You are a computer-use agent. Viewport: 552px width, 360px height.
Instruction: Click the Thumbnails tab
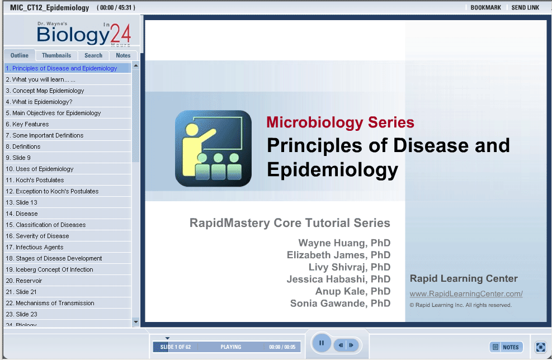pos(56,55)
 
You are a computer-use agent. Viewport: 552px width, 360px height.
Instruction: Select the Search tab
pos(93,55)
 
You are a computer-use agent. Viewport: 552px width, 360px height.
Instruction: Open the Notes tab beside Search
pos(123,55)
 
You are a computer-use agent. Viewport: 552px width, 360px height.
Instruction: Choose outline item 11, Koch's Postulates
pos(35,180)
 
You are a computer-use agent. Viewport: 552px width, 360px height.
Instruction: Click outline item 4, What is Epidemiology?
pos(39,102)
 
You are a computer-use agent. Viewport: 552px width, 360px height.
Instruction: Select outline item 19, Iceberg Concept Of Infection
pos(50,269)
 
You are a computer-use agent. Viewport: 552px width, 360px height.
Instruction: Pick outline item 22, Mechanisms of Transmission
pos(50,303)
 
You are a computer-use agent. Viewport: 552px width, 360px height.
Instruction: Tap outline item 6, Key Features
pos(27,124)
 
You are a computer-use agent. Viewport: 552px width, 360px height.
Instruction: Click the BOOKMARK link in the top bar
pos(485,7)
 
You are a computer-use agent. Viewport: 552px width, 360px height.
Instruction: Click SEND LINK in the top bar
pos(525,7)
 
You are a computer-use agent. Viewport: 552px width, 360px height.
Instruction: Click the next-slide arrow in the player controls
pos(351,345)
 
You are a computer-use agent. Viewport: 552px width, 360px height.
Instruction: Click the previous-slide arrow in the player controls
pos(341,345)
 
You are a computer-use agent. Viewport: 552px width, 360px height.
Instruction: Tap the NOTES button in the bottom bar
pos(506,347)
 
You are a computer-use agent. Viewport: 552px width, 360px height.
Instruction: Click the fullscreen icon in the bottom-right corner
pos(540,347)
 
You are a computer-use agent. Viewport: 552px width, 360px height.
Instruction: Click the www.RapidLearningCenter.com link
pos(466,293)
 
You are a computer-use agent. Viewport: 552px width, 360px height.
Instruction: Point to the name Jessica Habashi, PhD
pos(338,279)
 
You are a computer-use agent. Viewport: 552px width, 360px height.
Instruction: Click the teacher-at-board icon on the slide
pos(213,148)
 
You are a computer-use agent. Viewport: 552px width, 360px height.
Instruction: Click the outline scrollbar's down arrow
pos(136,321)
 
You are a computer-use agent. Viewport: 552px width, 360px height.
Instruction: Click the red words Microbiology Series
pos(340,122)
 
